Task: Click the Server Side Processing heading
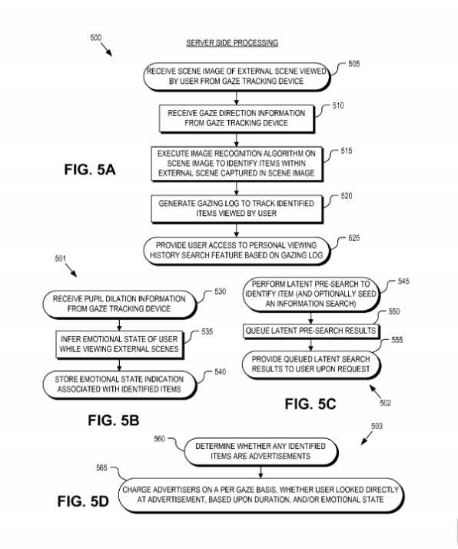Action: [232, 43]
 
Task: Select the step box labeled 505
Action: [237, 77]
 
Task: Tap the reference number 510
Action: [338, 106]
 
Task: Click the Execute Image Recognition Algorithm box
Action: [237, 164]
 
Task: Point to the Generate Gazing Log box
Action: [237, 208]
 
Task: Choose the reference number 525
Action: [353, 238]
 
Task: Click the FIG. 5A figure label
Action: [90, 169]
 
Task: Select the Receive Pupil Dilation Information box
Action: [119, 304]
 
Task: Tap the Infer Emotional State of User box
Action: [119, 344]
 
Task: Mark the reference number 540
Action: [220, 372]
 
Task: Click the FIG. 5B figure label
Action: [114, 420]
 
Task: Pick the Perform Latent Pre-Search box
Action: [311, 294]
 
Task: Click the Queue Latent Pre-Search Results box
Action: [311, 331]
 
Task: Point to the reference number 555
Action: [397, 340]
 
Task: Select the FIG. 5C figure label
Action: [310, 404]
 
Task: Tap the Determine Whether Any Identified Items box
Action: [261, 451]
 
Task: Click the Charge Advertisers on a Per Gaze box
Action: [261, 494]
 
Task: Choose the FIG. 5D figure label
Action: [83, 501]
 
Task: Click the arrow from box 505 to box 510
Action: [237, 98]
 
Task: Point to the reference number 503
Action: [377, 426]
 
